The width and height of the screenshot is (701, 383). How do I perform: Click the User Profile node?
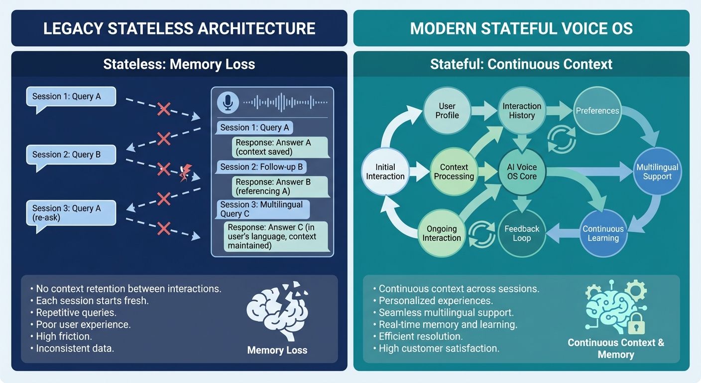pos(447,111)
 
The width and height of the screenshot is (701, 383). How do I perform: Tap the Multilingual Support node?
pos(657,172)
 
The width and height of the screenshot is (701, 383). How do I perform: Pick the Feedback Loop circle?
pos(521,233)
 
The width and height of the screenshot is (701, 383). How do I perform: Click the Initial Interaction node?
pos(385,171)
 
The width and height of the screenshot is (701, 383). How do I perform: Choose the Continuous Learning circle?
pos(603,233)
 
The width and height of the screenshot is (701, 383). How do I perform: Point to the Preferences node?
pos(597,111)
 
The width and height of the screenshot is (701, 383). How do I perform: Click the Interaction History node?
pos(521,111)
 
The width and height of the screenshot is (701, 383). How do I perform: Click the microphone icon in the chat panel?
pos(228,102)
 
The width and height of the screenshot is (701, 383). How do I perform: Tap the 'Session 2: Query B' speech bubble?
pos(71,155)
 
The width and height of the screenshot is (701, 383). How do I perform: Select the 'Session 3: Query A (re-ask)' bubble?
pos(71,212)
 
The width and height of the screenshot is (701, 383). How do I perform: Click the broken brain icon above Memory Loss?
pos(277,309)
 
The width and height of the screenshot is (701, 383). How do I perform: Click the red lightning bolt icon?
pos(184,173)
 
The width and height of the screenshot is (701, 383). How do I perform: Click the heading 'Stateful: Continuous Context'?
pos(521,64)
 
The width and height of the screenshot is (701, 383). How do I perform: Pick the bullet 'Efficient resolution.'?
pos(420,336)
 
